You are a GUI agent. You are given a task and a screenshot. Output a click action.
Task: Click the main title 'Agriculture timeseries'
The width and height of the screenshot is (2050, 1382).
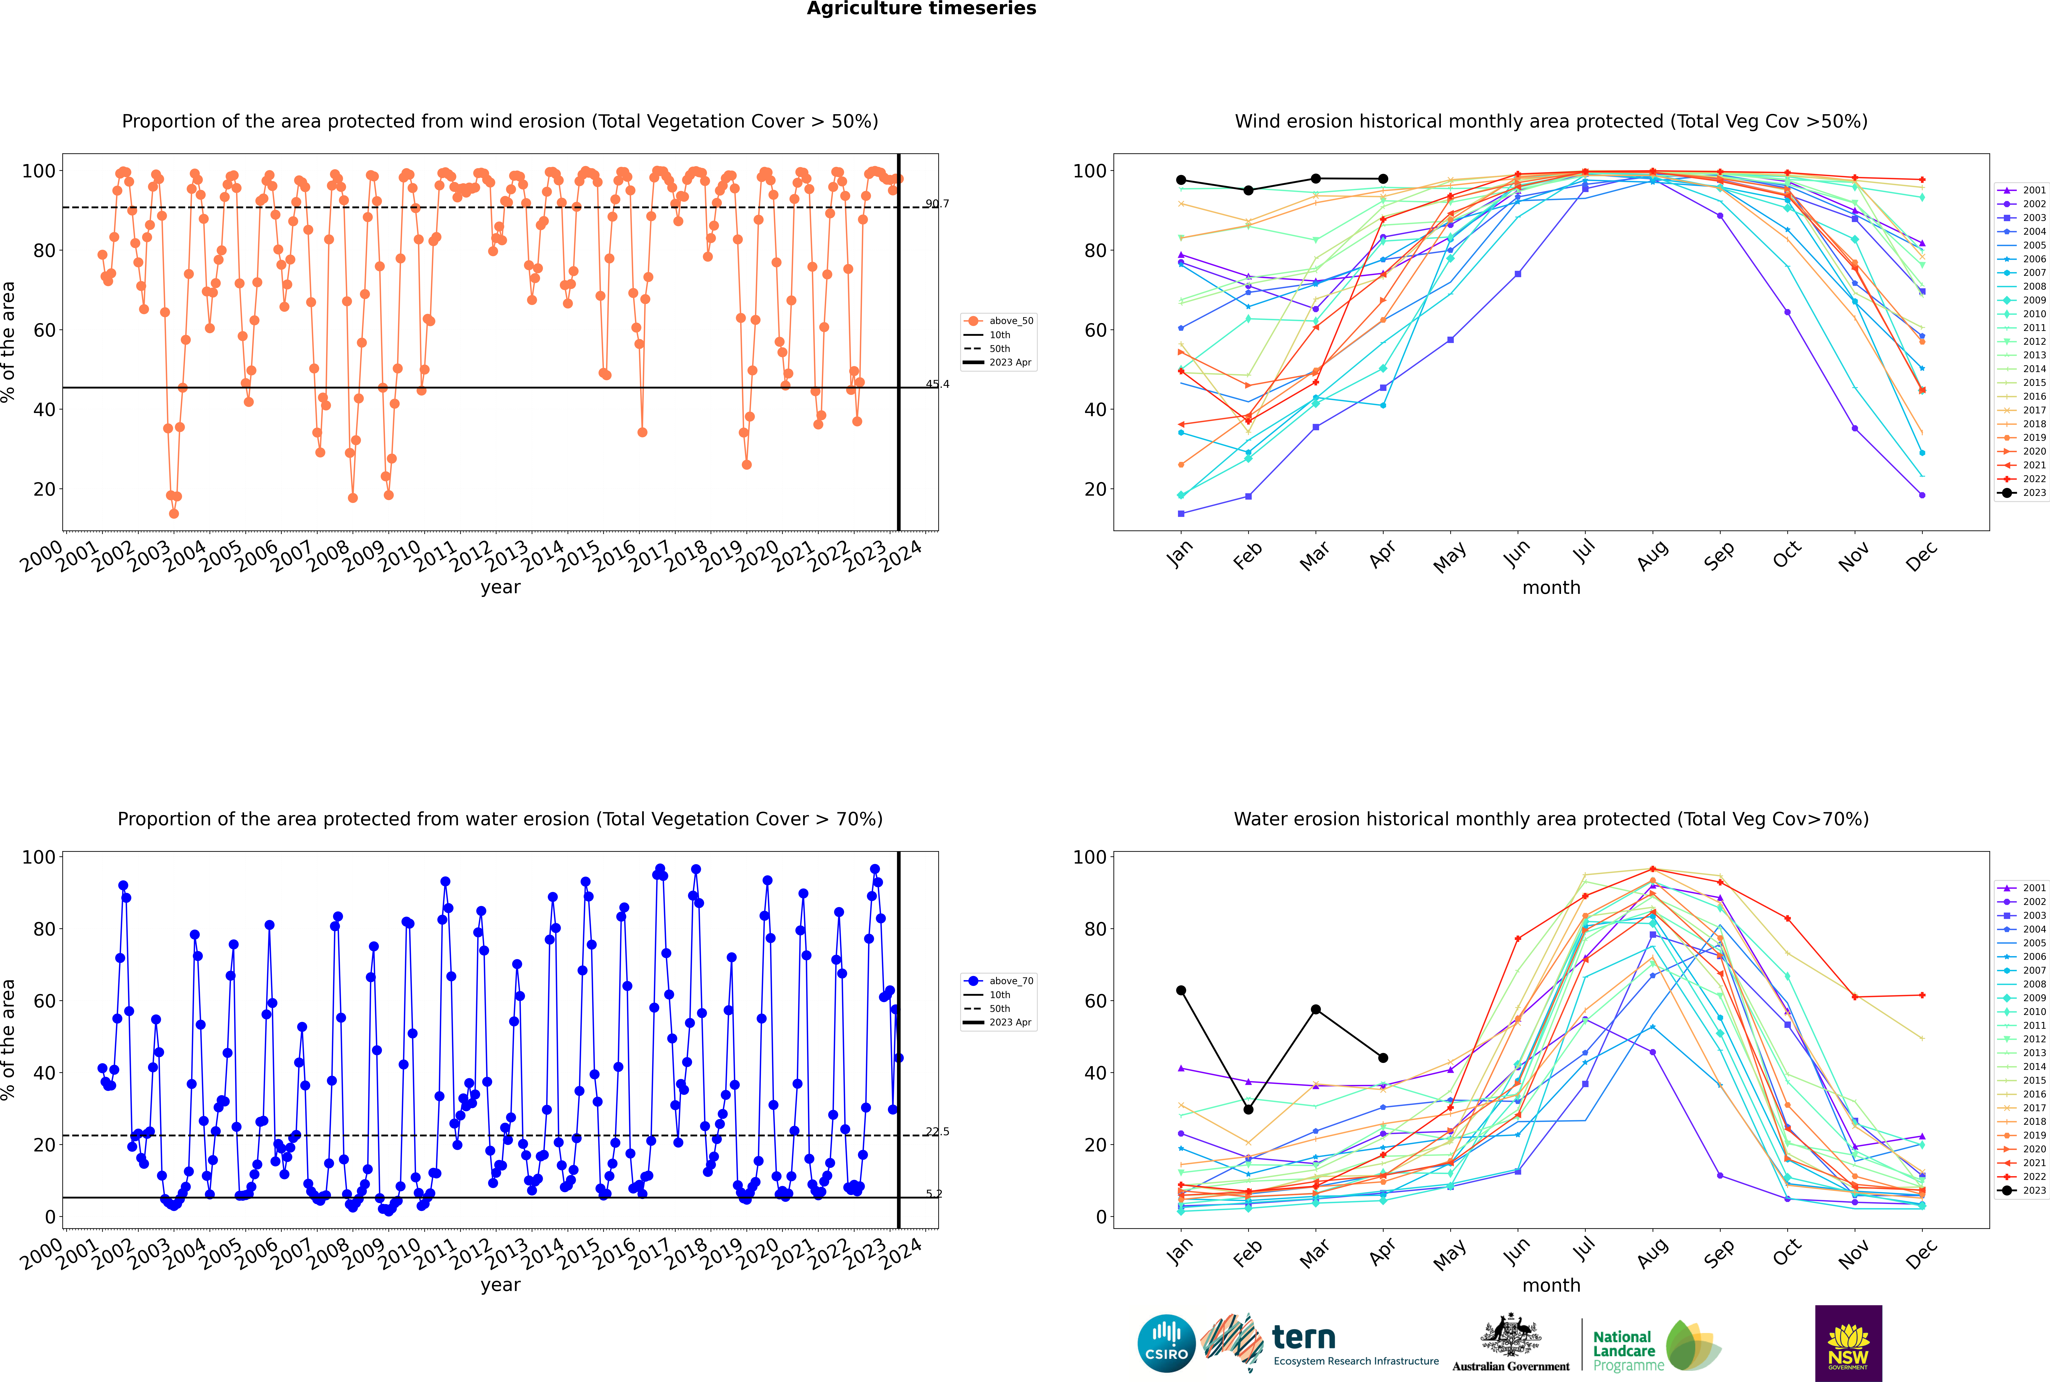tap(921, 9)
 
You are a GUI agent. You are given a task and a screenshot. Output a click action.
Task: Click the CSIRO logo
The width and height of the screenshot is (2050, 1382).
tap(1166, 1343)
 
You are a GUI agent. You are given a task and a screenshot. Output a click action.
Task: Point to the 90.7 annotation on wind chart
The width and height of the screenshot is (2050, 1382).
tap(937, 204)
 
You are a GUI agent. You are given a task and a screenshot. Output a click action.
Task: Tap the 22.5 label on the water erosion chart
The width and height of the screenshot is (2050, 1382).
tap(937, 1132)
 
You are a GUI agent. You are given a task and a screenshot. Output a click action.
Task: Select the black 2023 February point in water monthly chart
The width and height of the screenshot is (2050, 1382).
tap(1248, 1110)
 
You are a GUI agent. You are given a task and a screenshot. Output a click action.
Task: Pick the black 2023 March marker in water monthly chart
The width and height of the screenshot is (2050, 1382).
tap(1316, 1009)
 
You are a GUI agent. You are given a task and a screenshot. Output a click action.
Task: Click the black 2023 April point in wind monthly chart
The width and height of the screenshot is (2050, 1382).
tap(1383, 179)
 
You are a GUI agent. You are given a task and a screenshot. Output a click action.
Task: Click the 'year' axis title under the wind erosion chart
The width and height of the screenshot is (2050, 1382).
tap(500, 587)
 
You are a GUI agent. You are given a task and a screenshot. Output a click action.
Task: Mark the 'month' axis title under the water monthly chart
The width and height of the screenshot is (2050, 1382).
tap(1551, 1285)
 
